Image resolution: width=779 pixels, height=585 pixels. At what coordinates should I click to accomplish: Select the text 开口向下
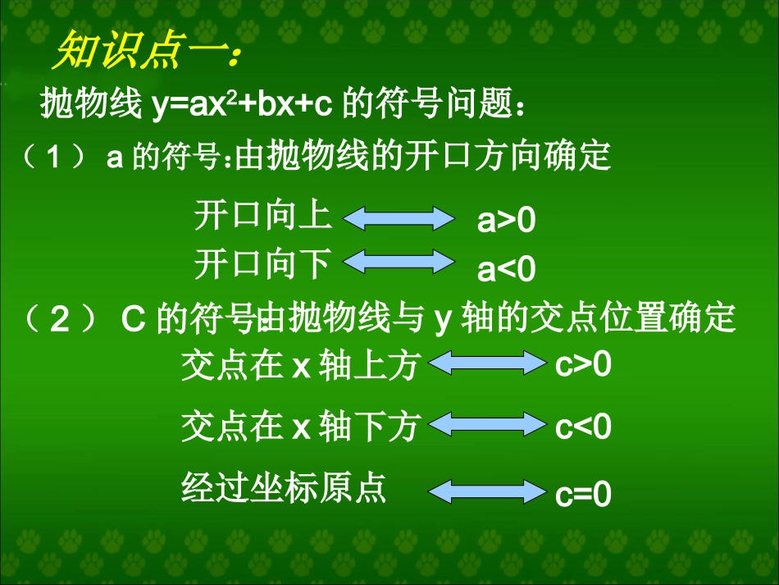tap(262, 264)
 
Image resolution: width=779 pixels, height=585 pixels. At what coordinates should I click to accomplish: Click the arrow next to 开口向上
tap(398, 218)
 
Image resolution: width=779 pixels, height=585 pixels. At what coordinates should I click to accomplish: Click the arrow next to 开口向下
tap(398, 262)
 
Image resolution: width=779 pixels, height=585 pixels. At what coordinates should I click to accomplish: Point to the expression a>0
tap(506, 222)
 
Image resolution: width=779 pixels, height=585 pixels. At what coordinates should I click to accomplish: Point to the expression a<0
tap(506, 269)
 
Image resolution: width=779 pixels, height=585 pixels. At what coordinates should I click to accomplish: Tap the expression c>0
tap(584, 365)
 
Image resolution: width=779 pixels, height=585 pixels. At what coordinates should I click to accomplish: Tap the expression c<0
tap(584, 427)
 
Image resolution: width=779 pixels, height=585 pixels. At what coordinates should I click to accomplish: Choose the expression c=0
tap(584, 496)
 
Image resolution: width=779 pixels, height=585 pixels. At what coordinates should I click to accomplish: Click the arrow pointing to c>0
tap(488, 363)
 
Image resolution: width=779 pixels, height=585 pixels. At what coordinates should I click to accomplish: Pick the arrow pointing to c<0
tap(488, 423)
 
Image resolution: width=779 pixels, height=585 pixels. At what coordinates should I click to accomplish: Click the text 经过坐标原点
tap(283, 487)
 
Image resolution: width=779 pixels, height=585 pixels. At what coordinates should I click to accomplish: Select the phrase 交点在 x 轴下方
tap(300, 427)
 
